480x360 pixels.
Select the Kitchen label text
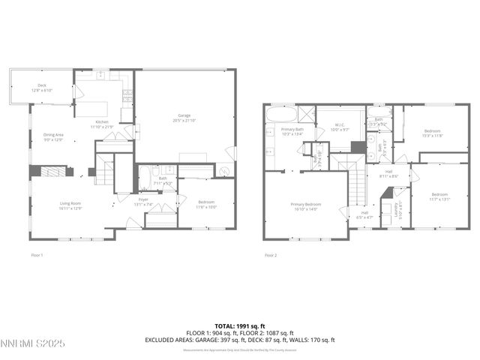[102, 122]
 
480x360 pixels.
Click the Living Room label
[70, 203]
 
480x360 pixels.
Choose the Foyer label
[142, 199]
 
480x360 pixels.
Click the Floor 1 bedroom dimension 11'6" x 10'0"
[207, 207]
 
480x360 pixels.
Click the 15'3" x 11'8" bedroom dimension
[433, 135]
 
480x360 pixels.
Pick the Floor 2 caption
[271, 255]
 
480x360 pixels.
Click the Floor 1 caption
[36, 255]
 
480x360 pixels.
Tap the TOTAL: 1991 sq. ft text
[240, 327]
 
